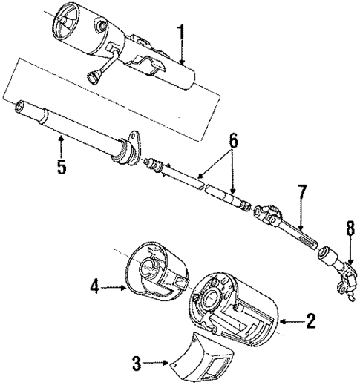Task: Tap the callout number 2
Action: pyautogui.click(x=310, y=321)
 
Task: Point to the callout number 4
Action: pyautogui.click(x=95, y=284)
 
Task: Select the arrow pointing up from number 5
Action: pyautogui.click(x=61, y=145)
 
